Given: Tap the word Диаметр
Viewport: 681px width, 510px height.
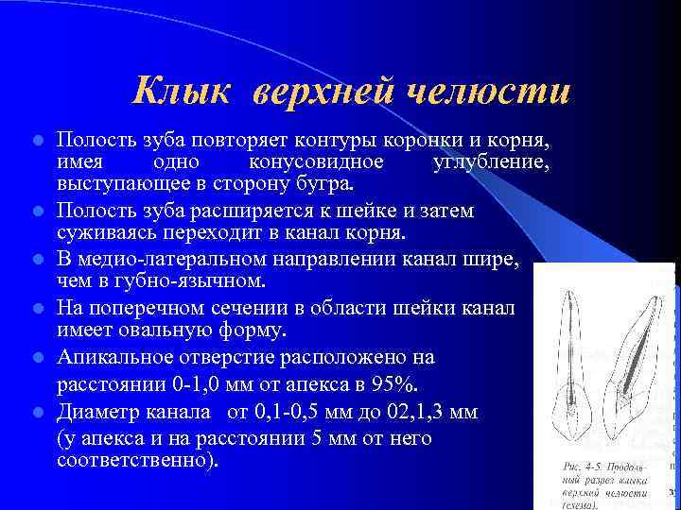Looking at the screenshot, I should point(98,413).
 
